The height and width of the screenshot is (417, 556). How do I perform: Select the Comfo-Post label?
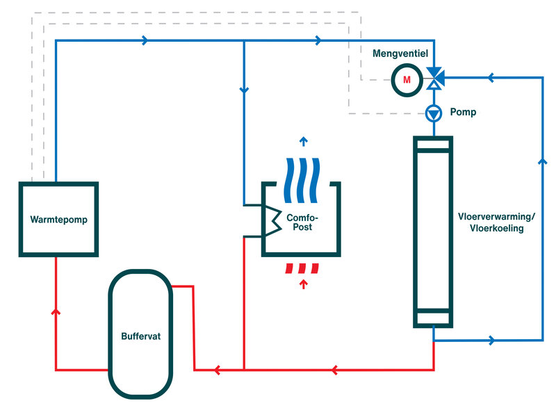pos(302,222)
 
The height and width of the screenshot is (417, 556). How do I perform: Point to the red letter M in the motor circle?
pos(407,81)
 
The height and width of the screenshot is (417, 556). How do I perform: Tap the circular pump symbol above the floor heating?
pos(434,112)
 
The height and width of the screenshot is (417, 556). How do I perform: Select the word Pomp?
pos(463,112)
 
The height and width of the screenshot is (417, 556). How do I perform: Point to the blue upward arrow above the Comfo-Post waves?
pos(302,142)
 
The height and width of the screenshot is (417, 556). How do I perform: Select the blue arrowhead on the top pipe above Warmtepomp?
pos(145,41)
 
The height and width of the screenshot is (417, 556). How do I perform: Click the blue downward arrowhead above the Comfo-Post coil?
pos(244,90)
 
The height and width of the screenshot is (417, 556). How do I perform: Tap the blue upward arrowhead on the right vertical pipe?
pos(543,161)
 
